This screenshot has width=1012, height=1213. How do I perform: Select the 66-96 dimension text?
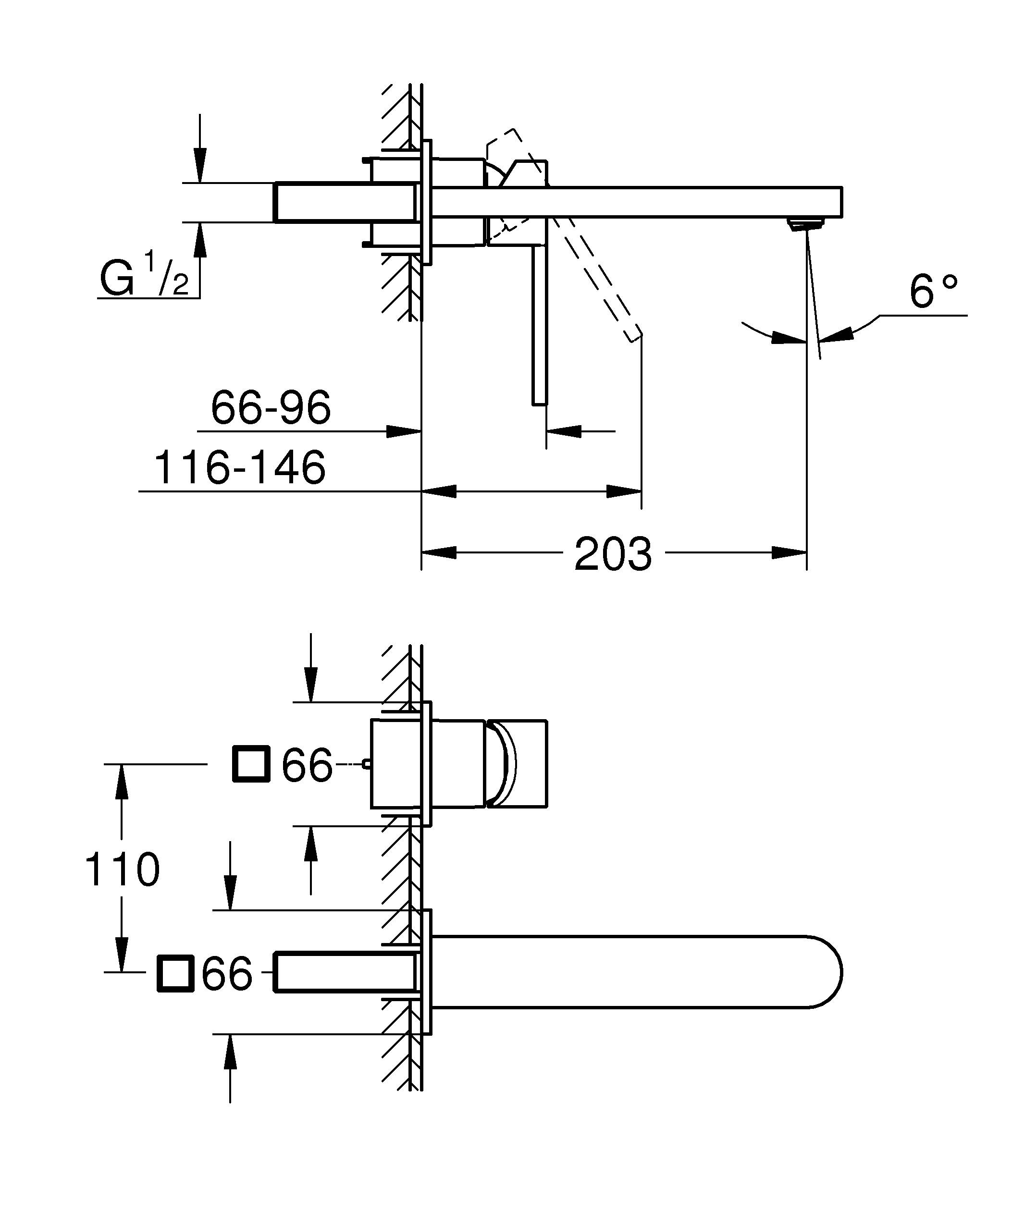(x=271, y=407)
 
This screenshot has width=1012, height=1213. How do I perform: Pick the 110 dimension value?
(x=122, y=870)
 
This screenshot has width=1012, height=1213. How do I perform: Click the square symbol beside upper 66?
(x=251, y=764)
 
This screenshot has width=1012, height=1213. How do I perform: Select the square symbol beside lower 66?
(x=175, y=973)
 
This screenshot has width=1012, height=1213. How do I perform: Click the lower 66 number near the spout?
(x=227, y=973)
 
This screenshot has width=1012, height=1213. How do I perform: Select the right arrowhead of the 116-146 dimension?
(x=624, y=491)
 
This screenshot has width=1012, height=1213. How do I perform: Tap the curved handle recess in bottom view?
(x=506, y=764)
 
